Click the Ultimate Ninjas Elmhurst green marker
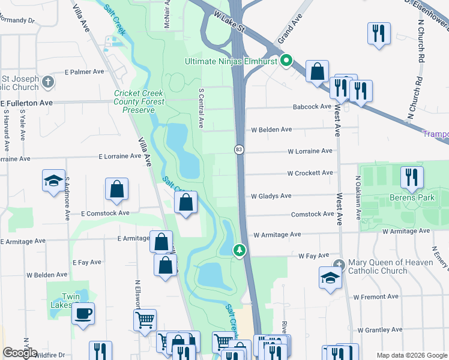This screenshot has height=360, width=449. click(287, 61)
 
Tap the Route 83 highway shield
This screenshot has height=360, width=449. click(238, 149)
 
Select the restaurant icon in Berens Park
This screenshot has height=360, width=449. click(412, 176)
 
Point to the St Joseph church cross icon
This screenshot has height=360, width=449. click(49, 81)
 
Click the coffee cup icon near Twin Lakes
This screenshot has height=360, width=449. click(83, 313)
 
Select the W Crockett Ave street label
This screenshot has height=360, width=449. click(310, 173)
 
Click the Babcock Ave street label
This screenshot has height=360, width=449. click(312, 107)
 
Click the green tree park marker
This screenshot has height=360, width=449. click(240, 250)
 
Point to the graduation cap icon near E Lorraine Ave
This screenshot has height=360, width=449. click(53, 179)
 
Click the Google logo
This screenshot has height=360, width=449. click(20, 353)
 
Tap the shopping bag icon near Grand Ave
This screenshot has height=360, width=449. click(317, 71)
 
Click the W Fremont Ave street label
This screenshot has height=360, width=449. click(377, 297)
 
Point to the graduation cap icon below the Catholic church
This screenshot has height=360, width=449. click(330, 277)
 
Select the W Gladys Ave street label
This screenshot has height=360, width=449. click(271, 196)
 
